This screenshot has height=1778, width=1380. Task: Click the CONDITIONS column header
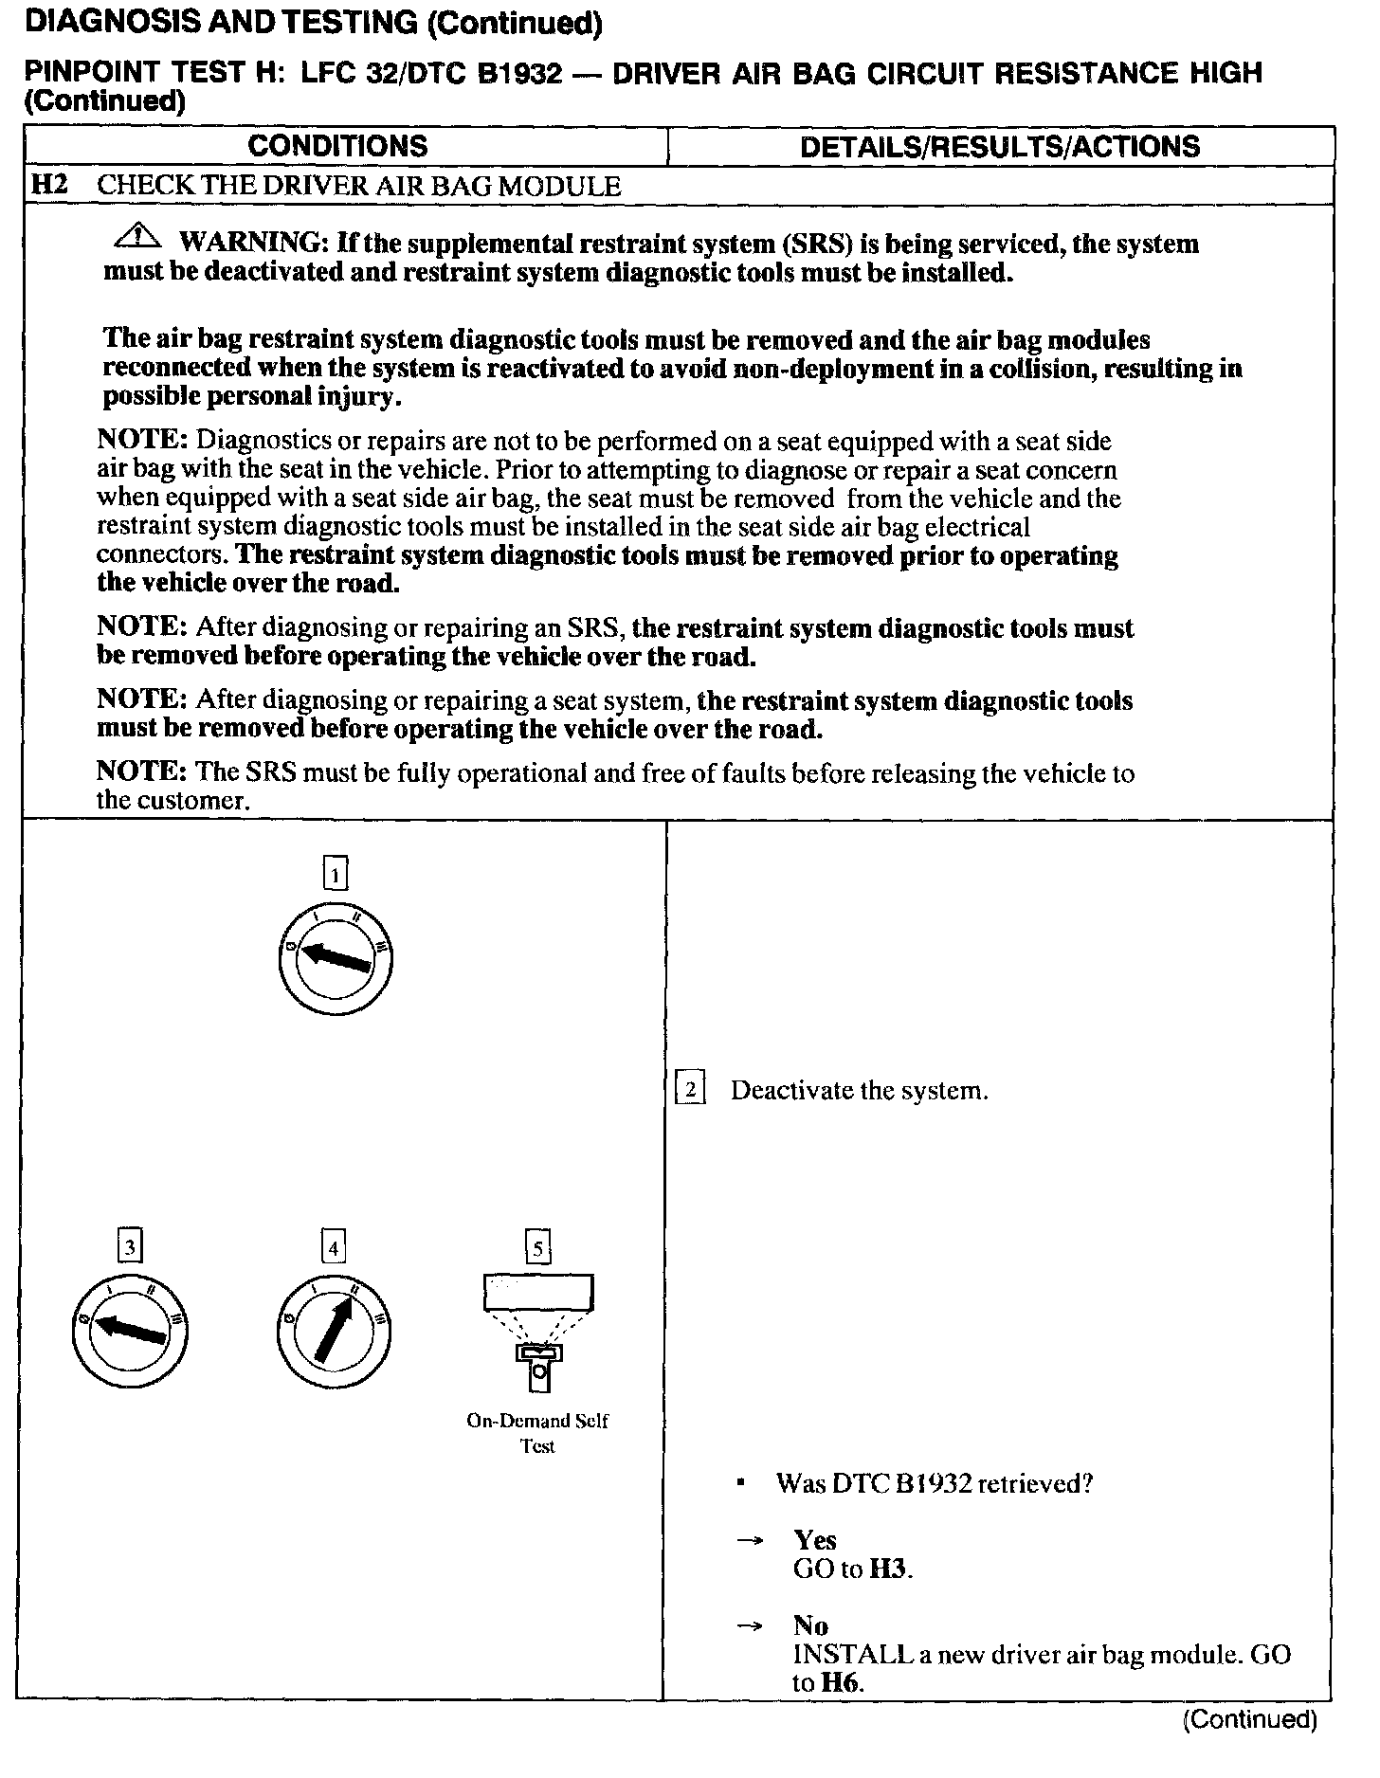point(337,146)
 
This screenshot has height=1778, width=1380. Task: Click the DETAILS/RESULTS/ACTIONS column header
point(1000,146)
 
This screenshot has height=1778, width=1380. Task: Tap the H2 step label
point(48,185)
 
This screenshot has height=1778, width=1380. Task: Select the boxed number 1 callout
point(336,873)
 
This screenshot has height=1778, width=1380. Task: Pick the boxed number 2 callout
point(690,1090)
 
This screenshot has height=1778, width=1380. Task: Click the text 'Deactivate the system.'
point(859,1091)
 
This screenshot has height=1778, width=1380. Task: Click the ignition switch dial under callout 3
point(130,1333)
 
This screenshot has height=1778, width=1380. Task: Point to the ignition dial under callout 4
point(334,1333)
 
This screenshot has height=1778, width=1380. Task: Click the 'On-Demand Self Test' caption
point(537,1433)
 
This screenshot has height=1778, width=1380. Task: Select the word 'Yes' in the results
point(815,1540)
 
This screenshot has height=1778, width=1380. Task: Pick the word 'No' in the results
point(810,1625)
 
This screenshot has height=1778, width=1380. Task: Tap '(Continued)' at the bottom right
point(1249,1719)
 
